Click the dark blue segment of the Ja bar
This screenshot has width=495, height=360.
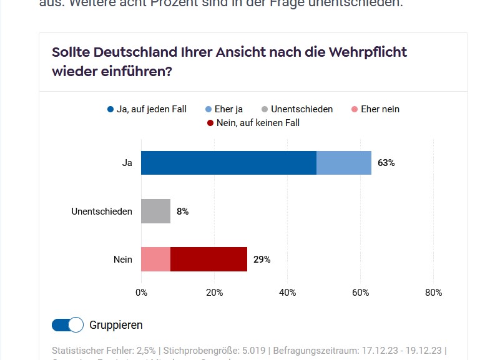(x=228, y=163)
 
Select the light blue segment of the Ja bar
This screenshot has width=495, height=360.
(x=344, y=163)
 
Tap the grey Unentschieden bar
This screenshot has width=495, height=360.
(x=155, y=212)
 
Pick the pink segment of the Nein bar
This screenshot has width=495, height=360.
(x=155, y=259)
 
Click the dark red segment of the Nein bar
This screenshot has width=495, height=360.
(x=208, y=259)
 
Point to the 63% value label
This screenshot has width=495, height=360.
(x=386, y=163)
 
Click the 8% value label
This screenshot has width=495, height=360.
(x=182, y=212)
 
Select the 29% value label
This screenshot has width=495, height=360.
(x=262, y=260)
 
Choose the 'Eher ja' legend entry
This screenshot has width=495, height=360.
(x=224, y=109)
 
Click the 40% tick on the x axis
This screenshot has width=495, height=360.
(x=287, y=293)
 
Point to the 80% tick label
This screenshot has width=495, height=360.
(x=433, y=293)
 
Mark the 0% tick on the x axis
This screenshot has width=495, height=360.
(x=141, y=293)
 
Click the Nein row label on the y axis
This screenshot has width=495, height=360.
(x=123, y=260)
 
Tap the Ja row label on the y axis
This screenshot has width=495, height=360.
(x=127, y=163)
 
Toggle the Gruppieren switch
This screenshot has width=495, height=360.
(x=67, y=325)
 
